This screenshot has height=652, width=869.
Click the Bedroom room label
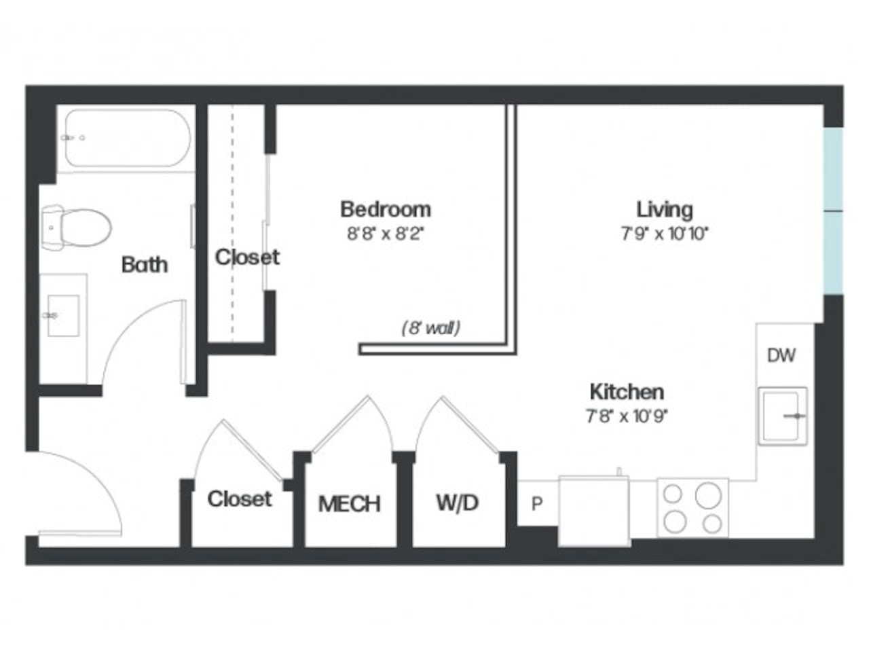385,209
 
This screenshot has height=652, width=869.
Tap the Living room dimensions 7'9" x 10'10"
665,234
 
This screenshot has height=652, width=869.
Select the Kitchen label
626,392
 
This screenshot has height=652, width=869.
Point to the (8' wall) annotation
430,328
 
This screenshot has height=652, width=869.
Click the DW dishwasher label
781,355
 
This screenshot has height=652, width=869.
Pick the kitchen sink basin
782,416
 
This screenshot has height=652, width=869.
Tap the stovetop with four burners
692,508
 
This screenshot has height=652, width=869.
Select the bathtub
126,139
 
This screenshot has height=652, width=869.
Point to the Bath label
144,264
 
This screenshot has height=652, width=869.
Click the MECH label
349,504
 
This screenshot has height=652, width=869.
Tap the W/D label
457,503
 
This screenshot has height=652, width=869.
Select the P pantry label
537,504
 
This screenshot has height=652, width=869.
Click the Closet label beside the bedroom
247,257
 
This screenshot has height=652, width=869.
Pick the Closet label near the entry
239,499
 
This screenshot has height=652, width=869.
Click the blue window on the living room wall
832,211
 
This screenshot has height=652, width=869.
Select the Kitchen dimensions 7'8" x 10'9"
627,416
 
